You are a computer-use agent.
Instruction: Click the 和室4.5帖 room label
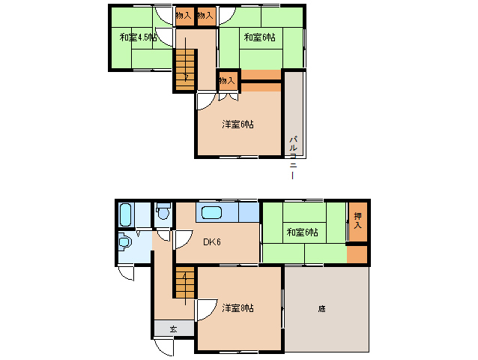tap(137, 37)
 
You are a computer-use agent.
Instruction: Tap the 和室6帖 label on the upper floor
tap(258, 37)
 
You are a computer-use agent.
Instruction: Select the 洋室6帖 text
tap(238, 124)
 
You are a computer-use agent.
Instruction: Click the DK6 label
tap(211, 241)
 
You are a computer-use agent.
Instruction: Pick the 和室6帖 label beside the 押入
tap(302, 232)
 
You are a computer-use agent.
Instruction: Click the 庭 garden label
tap(321, 307)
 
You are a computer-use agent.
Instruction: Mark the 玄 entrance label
tap(172, 328)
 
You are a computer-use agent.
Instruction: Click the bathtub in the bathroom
tap(125, 215)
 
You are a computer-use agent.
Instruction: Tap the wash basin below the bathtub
tap(126, 243)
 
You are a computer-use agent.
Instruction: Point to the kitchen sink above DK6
tap(212, 212)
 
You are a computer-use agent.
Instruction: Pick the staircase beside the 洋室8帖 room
tap(184, 286)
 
